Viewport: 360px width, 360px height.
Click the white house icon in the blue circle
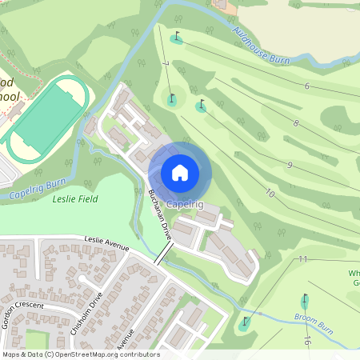click(180, 173)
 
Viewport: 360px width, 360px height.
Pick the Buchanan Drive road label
click(160, 215)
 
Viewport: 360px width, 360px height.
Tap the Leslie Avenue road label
click(106, 244)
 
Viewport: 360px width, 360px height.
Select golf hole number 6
click(306, 86)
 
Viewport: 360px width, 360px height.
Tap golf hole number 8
click(296, 123)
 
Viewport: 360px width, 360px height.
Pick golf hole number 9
click(289, 165)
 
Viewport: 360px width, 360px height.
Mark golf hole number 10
click(270, 194)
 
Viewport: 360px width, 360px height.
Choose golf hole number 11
click(302, 259)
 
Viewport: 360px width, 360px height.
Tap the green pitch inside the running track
click(47, 115)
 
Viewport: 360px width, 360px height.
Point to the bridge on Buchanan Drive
click(163, 254)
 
